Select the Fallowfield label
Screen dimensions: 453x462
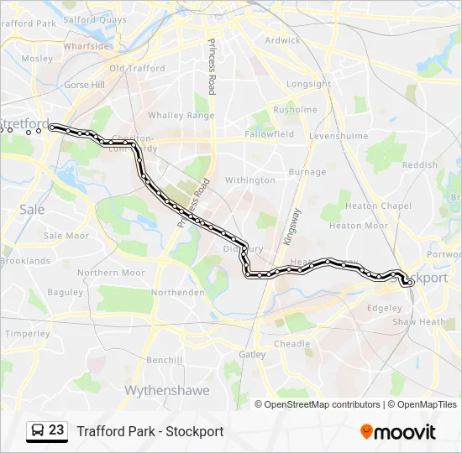pos(270,134)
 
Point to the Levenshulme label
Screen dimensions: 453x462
pos(333,135)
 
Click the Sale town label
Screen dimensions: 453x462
pos(32,210)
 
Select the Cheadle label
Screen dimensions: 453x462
pos(292,344)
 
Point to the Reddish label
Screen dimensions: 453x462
pos(420,165)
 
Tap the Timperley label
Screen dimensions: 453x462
pos(27,333)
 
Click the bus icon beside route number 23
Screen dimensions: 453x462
pos(38,430)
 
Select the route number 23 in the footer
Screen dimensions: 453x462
pos(56,430)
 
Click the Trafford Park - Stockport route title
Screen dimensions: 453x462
pos(150,431)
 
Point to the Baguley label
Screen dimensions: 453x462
pos(65,292)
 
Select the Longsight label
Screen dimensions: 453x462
pos(309,84)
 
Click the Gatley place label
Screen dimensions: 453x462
pos(252,355)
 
